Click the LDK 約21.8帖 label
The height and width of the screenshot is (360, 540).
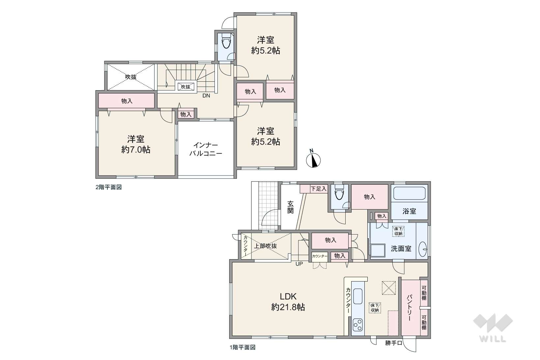click(x=288, y=302)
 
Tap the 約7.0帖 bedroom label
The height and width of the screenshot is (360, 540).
click(x=136, y=144)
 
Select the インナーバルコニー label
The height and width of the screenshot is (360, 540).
click(x=206, y=150)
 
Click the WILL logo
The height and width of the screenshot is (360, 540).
click(x=493, y=327)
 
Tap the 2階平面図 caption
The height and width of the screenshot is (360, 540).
click(x=109, y=187)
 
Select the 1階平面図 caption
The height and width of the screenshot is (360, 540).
click(x=242, y=347)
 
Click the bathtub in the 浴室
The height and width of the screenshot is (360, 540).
click(x=409, y=193)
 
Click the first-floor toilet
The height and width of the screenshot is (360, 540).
click(x=339, y=192)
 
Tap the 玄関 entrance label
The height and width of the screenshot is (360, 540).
click(x=290, y=207)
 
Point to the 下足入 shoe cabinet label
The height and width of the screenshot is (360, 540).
click(x=319, y=189)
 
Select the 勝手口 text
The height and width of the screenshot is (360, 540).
click(x=393, y=343)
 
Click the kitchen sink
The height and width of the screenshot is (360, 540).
click(x=358, y=297)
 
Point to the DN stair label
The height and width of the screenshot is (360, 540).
click(x=206, y=96)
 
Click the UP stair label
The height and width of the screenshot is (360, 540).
click(x=299, y=264)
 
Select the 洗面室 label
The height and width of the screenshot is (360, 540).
click(x=401, y=248)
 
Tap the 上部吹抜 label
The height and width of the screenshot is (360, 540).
click(x=265, y=246)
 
